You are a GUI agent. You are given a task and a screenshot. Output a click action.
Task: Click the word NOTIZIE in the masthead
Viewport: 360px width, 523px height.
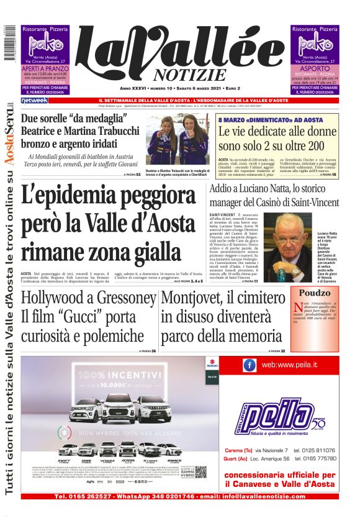click(187, 75)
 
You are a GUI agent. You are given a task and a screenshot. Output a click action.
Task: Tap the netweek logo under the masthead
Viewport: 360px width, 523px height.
click(34, 100)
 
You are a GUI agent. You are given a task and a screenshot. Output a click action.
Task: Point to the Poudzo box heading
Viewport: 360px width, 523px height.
click(315, 293)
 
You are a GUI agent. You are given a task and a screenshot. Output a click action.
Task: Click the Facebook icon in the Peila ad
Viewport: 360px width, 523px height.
click(250, 365)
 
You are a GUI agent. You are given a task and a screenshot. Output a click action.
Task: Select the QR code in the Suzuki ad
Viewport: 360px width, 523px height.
click(200, 471)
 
